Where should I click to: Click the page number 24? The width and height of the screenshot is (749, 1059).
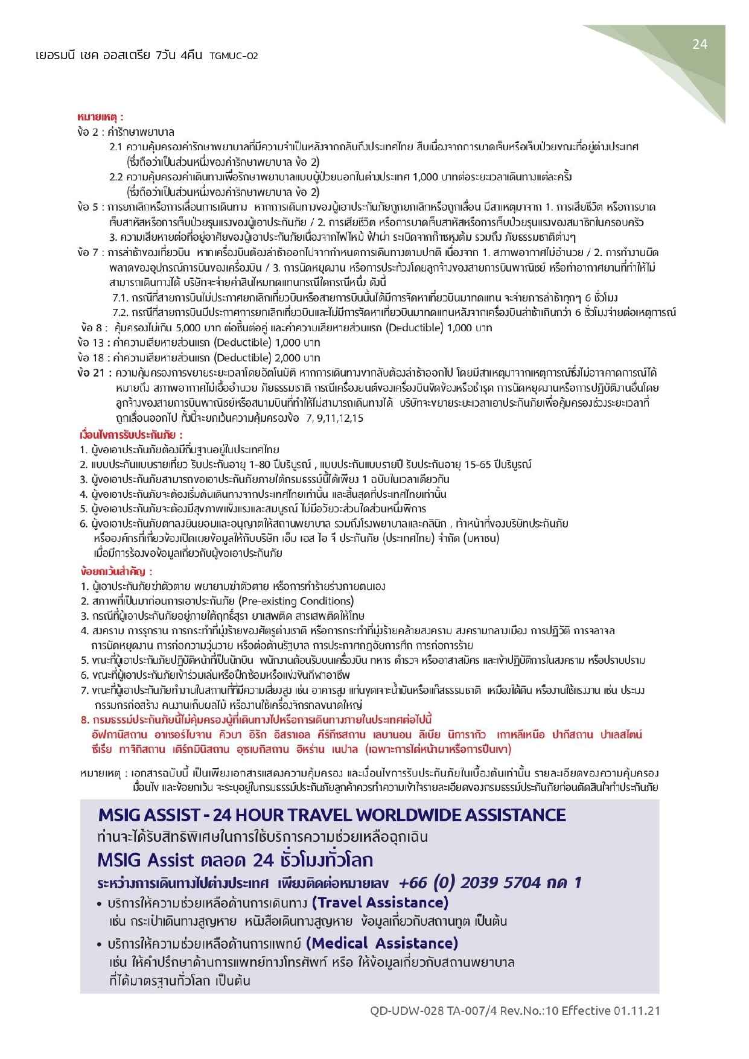tap(700, 44)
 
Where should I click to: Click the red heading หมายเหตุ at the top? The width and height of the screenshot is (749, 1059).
tap(100, 116)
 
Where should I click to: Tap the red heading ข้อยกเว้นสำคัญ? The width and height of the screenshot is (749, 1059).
tap(116, 571)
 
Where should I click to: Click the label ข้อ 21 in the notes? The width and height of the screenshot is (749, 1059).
tap(91, 372)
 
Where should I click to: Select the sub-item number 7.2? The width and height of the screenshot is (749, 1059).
tap(120, 313)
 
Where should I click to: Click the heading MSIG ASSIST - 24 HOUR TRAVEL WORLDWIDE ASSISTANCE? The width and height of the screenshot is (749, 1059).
tap(332, 815)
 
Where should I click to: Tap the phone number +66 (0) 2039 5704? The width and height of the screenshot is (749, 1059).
tap(470, 883)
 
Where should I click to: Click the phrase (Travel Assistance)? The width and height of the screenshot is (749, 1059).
tap(380, 903)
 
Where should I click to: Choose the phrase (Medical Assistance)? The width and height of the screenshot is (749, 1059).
tap(382, 943)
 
